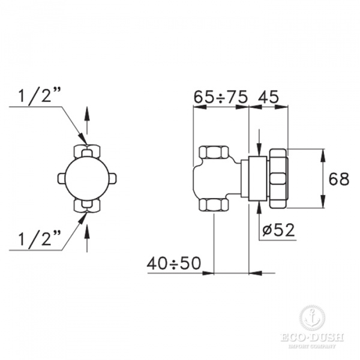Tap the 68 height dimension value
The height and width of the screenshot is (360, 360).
click(x=339, y=178)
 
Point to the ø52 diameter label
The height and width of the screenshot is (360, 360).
click(x=280, y=230)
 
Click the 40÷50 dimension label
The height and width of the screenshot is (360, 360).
click(x=174, y=263)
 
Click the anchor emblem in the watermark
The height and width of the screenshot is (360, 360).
click(x=313, y=317)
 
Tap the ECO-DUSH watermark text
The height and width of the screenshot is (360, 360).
click(x=313, y=338)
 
